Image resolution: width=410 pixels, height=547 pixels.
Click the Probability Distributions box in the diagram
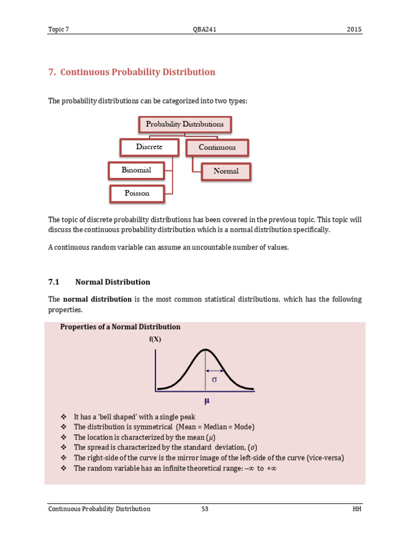(x=185, y=124)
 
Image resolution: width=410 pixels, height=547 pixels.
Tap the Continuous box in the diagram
(x=217, y=147)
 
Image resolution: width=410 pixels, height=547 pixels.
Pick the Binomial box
(x=137, y=170)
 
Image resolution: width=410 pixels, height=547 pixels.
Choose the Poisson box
(x=137, y=193)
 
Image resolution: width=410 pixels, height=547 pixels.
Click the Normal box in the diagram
(x=226, y=171)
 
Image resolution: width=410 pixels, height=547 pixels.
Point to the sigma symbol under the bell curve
(x=215, y=380)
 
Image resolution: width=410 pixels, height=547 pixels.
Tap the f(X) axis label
(x=155, y=339)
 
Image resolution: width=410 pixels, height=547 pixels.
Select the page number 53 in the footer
(x=205, y=509)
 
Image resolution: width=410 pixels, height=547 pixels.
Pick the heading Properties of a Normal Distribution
(x=120, y=327)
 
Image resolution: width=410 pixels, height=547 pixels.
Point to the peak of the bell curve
(x=205, y=350)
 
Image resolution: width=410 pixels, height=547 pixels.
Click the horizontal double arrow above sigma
(x=215, y=371)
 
